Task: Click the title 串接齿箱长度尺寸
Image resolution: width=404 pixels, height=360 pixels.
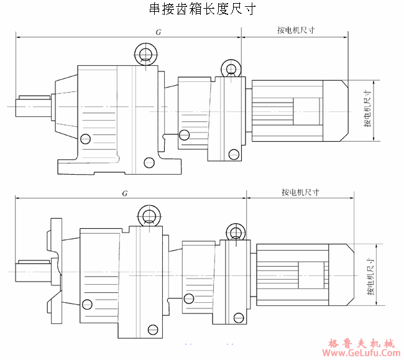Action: click(x=201, y=9)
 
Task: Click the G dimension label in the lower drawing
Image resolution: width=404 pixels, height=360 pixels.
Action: click(x=125, y=193)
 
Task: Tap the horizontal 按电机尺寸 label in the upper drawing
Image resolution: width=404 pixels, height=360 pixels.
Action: click(x=296, y=30)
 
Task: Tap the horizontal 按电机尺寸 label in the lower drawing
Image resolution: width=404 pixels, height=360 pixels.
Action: click(x=300, y=192)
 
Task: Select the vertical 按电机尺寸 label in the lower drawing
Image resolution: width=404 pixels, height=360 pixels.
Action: click(x=370, y=274)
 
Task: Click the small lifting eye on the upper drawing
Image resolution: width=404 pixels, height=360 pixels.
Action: click(x=231, y=68)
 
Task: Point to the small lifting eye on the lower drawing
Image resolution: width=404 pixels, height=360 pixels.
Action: click(x=236, y=233)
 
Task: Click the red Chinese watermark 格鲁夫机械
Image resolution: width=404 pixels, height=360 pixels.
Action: click(x=361, y=342)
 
